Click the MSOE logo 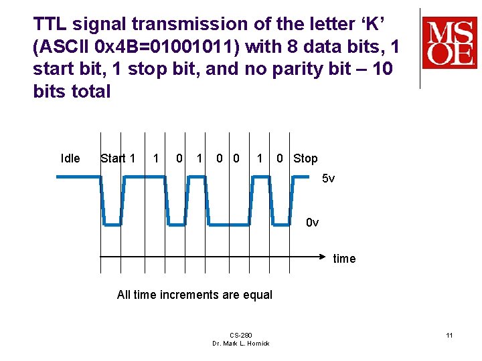tap(449, 43)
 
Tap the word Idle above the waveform tap(70, 158)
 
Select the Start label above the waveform tap(112, 158)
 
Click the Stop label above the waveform tap(305, 158)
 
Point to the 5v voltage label tap(328, 178)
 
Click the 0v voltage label tap(312, 222)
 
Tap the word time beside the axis tap(344, 259)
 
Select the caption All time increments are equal tap(195, 295)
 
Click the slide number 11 tap(450, 335)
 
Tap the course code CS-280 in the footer tap(240, 335)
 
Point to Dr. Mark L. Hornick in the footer tap(241, 344)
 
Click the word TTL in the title tap(50, 25)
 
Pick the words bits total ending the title tap(72, 92)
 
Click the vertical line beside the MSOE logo tap(420, 48)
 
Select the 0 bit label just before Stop tap(280, 158)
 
